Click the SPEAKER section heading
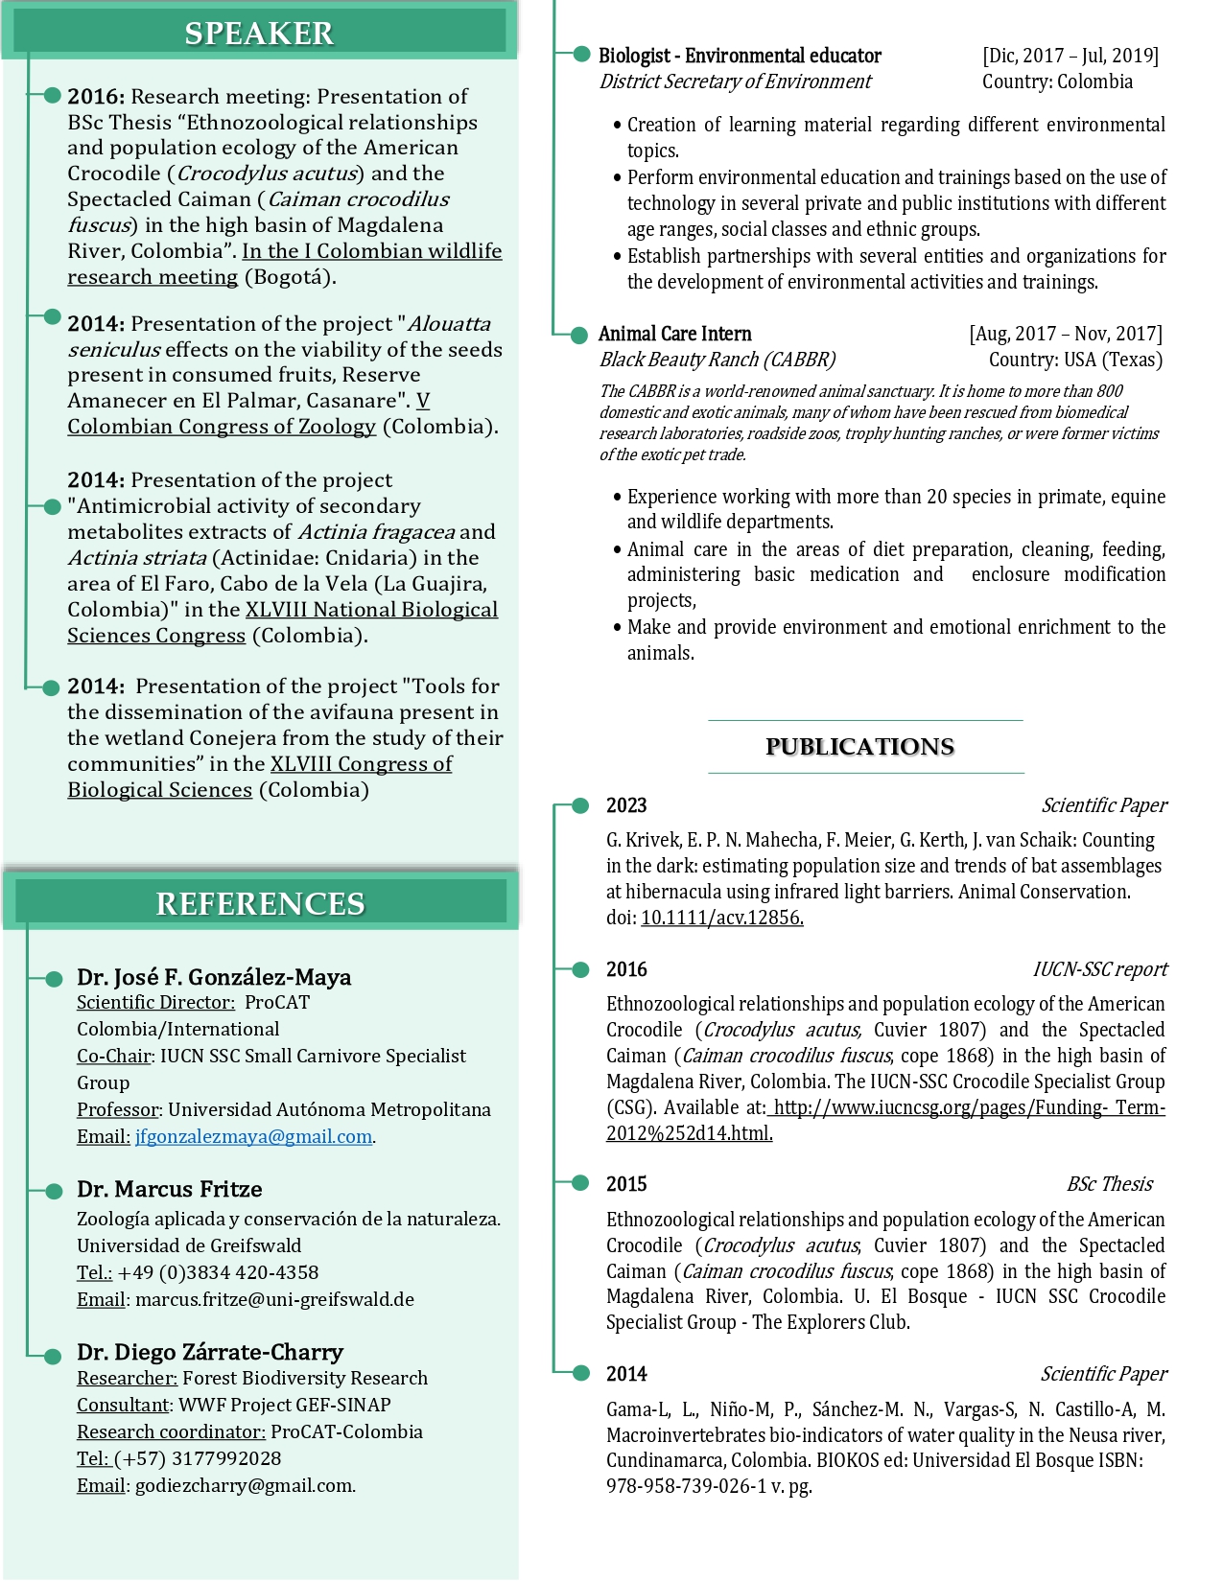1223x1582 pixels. coord(259,34)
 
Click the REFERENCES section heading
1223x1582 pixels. coord(260,903)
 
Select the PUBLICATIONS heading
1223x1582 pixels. coord(859,747)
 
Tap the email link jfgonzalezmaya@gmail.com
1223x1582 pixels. coord(253,1136)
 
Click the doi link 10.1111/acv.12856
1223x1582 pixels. coord(721,918)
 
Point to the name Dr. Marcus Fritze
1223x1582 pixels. coord(170,1189)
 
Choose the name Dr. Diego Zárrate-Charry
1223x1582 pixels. coord(210,1352)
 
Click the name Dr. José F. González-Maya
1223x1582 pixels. coord(214,977)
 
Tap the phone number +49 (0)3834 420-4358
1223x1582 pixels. coord(218,1272)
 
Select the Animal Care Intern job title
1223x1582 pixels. coord(674,334)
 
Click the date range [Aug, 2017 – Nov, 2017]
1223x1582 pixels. coord(1065,334)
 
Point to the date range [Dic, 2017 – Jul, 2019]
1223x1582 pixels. coord(1070,56)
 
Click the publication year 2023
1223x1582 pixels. coord(626,805)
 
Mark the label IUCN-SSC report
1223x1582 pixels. coord(1099,969)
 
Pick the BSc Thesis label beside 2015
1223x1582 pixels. coord(1109,1184)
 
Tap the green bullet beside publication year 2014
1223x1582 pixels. coord(580,1373)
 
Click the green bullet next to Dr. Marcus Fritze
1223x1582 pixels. coord(54,1190)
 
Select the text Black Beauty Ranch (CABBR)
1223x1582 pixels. coord(717,360)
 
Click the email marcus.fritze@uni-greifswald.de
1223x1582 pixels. coord(274,1299)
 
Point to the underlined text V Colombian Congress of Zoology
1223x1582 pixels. coord(222,426)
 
